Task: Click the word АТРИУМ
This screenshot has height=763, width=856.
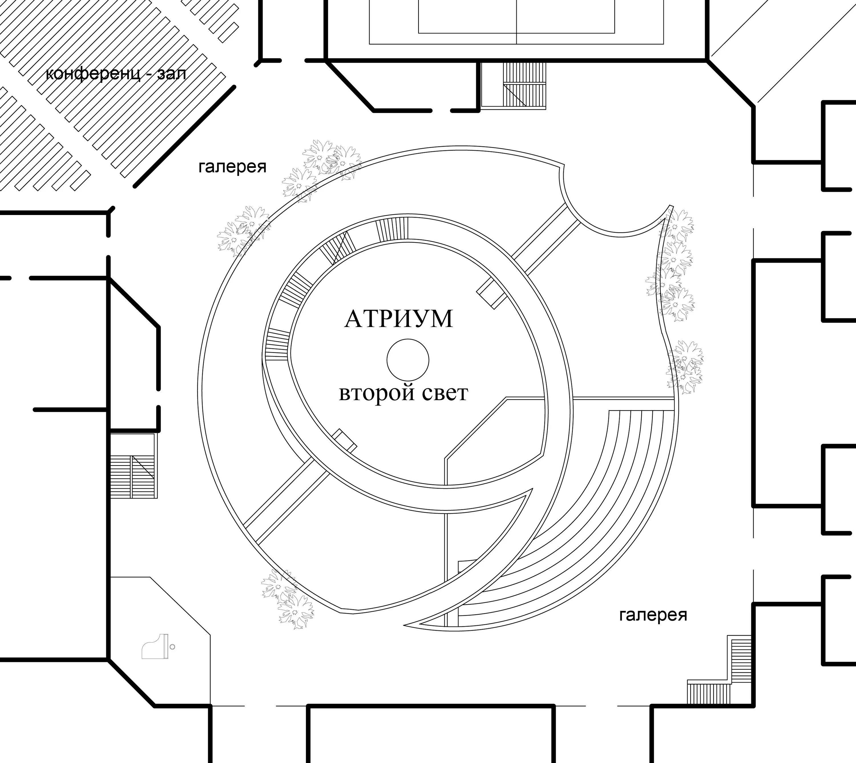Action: coord(398,319)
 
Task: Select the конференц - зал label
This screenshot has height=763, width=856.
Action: coord(116,74)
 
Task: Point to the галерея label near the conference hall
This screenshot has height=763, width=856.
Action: coord(232,167)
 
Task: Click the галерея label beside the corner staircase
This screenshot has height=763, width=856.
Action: coord(653,615)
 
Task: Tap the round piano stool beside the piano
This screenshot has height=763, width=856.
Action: coord(173,647)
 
